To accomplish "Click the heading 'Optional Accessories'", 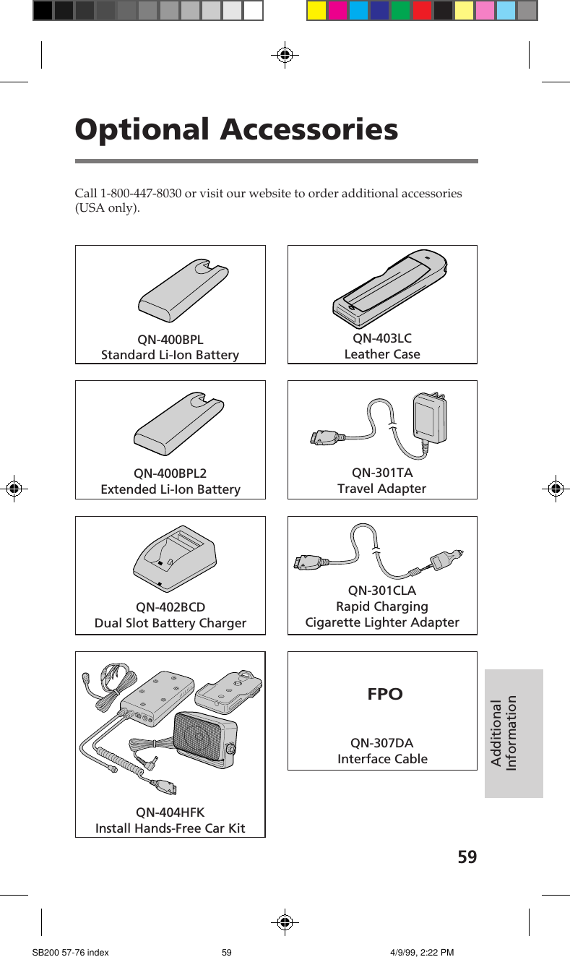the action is click(236, 130).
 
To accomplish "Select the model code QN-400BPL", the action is click(170, 340).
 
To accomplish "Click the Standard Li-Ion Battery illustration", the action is click(183, 290).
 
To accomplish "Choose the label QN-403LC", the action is click(382, 338).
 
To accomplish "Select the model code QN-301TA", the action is click(382, 473).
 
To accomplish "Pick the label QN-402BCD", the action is click(170, 607).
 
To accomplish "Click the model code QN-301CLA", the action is click(382, 591).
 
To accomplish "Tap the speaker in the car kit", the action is click(202, 736).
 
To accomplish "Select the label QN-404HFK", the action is click(170, 812).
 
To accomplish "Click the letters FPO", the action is click(385, 695).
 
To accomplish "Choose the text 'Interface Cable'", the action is click(382, 759).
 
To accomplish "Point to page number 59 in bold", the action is click(467, 857).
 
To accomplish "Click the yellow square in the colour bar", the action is click(316, 11).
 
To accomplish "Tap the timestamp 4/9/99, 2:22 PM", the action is click(421, 953).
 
